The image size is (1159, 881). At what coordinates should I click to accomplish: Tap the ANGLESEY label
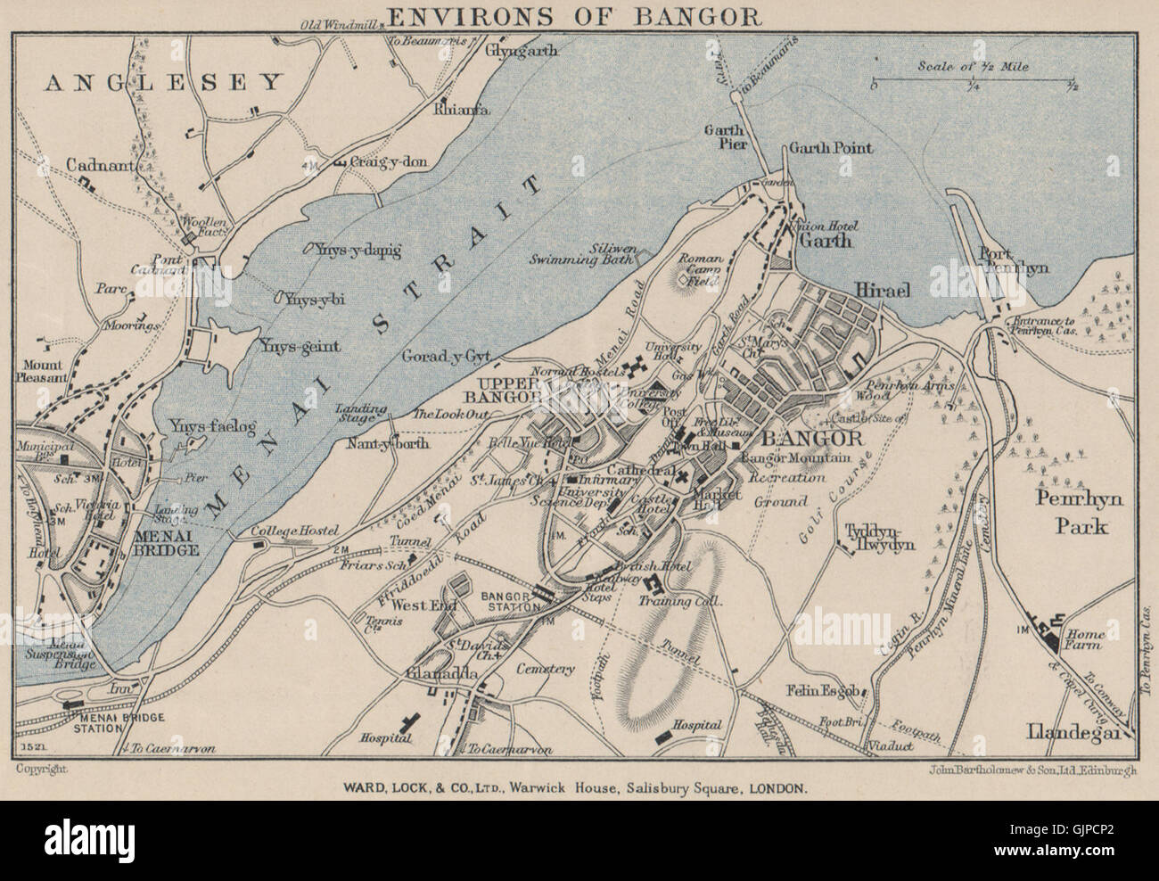point(162,83)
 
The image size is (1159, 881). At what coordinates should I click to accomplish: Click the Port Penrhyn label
point(1012,259)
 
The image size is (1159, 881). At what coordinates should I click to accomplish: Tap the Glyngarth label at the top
point(521,51)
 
